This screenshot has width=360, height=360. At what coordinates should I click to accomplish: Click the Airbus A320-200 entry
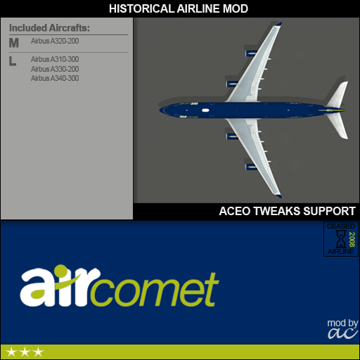click(x=55, y=41)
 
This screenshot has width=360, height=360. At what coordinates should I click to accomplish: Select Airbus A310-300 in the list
click(x=55, y=59)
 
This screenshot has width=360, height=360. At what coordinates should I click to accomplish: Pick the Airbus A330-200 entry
click(x=55, y=69)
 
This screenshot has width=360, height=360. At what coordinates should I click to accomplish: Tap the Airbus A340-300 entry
click(x=55, y=78)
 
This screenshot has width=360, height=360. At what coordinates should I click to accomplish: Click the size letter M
click(x=14, y=43)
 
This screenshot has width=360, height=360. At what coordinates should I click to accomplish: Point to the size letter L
click(x=13, y=61)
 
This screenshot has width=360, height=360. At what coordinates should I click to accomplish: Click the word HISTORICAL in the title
click(x=141, y=9)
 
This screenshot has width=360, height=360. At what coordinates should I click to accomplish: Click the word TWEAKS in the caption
click(x=277, y=211)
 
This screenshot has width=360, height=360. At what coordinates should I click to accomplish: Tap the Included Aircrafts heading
click(x=49, y=28)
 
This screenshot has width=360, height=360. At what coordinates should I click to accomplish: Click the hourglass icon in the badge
click(x=340, y=238)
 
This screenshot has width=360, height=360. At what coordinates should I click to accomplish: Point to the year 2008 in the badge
click(x=352, y=239)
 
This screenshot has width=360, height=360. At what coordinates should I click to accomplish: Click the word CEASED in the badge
click(x=341, y=226)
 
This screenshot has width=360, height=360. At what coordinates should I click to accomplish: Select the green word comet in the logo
click(x=154, y=289)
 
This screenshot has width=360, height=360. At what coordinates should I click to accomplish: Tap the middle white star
click(x=25, y=352)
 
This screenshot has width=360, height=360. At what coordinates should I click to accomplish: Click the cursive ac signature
click(x=343, y=333)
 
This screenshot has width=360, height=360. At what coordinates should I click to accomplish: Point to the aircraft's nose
click(x=160, y=110)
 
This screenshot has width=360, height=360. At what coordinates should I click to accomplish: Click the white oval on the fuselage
click(x=205, y=110)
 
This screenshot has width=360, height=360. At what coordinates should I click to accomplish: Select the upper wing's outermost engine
click(x=251, y=53)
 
